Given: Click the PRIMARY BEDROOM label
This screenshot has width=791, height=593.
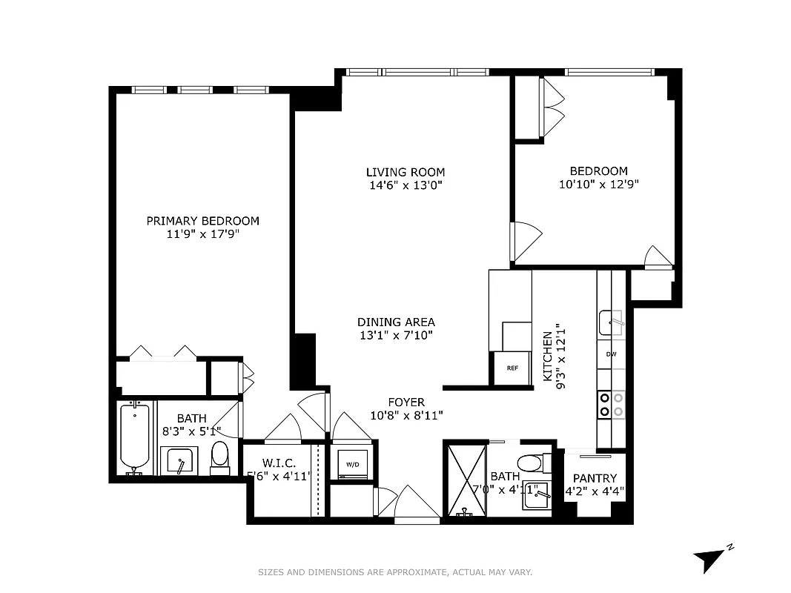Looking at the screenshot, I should tap(202, 220).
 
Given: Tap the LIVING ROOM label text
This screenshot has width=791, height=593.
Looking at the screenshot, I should tap(405, 172).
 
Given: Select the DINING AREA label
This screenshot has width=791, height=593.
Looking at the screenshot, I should tap(396, 322).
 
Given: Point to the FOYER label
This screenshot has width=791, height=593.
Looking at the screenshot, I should tap(406, 402).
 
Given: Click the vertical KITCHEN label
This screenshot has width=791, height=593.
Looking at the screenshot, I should tap(549, 357).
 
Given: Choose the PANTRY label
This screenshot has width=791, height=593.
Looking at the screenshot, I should tap(595, 478).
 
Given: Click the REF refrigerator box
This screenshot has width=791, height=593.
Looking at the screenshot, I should tap(512, 368).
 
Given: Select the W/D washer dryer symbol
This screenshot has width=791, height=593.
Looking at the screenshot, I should tap(352, 465).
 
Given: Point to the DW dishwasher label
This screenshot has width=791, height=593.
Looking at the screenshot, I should tap(611, 354).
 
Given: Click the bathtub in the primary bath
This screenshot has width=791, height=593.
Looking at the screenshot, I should tap(135, 439).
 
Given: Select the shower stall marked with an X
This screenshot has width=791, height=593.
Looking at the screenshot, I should tap(466, 479).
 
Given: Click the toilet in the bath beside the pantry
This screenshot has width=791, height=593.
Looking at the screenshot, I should tap(531, 463).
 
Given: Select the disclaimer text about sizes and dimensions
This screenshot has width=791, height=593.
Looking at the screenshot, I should tap(395, 572).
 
